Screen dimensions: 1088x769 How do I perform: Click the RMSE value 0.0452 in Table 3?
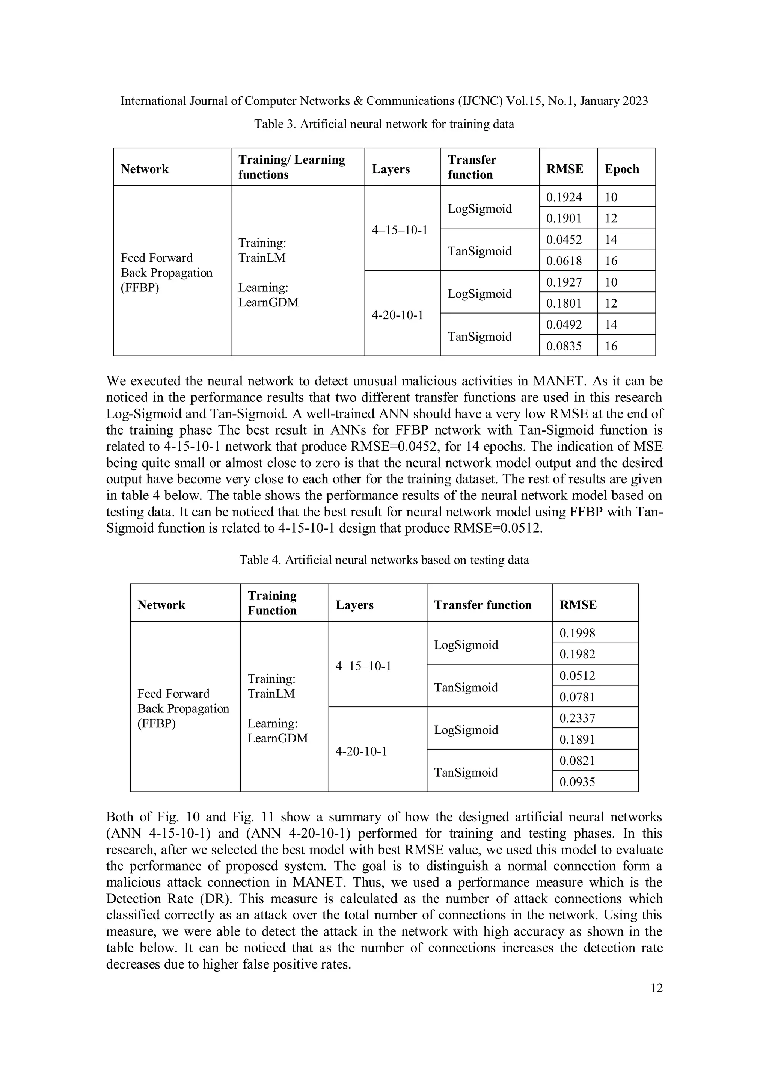pos(564,240)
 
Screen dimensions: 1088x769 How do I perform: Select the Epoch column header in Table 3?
pos(622,169)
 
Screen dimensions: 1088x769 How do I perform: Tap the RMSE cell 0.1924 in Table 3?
pos(564,197)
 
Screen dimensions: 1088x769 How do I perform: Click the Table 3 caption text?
pos(384,124)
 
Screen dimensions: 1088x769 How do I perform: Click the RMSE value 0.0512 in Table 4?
pos(577,676)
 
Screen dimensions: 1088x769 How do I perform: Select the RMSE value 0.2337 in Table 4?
pos(577,718)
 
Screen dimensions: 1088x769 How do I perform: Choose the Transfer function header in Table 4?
pos(483,605)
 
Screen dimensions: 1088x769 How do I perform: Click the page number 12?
pos(656,988)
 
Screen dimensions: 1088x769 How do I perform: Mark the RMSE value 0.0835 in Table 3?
pos(564,346)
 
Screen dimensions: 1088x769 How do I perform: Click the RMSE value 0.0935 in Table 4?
pos(577,782)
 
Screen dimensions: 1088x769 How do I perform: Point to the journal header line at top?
pos(384,101)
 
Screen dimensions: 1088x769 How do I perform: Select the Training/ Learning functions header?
pos(291,167)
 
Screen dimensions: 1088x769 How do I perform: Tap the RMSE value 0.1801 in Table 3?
pos(564,303)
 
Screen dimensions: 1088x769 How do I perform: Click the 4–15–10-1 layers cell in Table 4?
pos(363,666)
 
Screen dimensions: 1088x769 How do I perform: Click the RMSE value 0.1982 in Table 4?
pos(577,654)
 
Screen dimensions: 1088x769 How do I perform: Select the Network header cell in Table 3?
pos(145,169)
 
